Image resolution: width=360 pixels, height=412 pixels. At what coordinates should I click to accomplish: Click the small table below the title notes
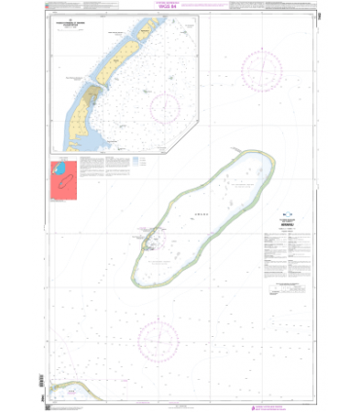[283, 288]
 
